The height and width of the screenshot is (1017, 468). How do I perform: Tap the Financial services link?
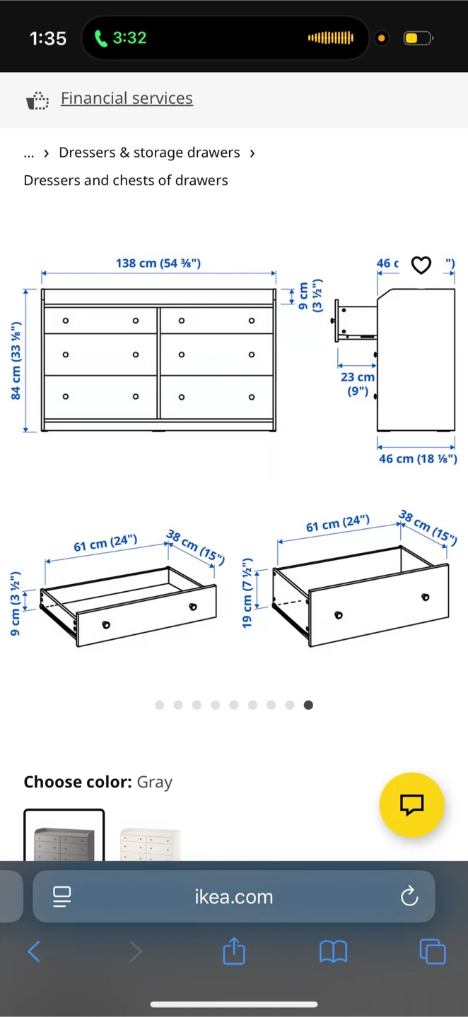[127, 98]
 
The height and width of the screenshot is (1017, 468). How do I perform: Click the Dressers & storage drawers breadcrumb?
[149, 153]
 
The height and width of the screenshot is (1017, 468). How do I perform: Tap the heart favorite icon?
[421, 265]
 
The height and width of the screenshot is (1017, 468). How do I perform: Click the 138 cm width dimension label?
[158, 263]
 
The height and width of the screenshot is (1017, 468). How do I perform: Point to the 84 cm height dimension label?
[16, 360]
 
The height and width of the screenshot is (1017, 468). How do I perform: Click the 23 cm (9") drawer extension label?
[358, 383]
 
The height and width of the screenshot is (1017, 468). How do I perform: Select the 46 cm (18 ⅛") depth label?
[418, 458]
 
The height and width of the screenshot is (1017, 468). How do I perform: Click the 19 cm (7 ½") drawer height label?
[247, 593]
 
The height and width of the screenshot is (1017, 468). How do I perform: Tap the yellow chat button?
[411, 805]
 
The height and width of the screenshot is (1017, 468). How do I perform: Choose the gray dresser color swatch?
[64, 835]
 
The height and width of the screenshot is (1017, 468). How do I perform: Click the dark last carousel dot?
[308, 705]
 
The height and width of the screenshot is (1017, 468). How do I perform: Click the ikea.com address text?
[234, 897]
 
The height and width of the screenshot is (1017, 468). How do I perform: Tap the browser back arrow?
[34, 951]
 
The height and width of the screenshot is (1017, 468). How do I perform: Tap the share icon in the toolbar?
[234, 951]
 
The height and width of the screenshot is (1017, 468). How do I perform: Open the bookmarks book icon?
[333, 951]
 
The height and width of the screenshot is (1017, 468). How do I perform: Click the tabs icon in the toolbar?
[433, 951]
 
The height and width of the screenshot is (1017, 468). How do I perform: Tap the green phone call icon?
[100, 38]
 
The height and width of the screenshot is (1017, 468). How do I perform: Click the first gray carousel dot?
[160, 705]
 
